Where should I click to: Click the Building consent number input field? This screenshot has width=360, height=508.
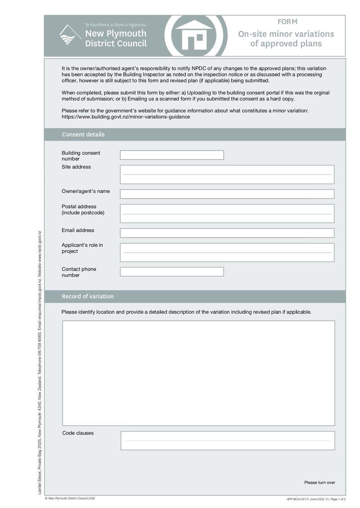(x=171, y=155)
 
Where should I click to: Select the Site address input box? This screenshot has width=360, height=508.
(x=227, y=174)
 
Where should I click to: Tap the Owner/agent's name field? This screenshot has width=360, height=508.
(x=227, y=194)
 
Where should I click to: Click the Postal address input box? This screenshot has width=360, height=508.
(x=227, y=214)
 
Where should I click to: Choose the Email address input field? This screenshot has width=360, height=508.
(x=227, y=233)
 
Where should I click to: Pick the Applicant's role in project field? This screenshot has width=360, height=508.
(x=227, y=253)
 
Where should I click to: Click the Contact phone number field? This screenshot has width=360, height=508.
(x=171, y=272)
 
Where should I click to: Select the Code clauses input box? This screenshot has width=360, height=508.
(x=228, y=441)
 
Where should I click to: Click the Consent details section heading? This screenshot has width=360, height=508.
(x=83, y=134)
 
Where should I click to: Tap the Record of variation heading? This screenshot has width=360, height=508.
(x=88, y=296)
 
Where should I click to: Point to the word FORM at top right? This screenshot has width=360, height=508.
(x=288, y=22)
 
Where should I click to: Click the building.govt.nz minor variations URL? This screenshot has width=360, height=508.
(x=126, y=117)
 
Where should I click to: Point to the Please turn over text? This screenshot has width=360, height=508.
(x=319, y=482)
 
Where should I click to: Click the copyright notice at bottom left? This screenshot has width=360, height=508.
(x=70, y=498)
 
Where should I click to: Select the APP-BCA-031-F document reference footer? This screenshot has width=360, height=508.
(x=316, y=499)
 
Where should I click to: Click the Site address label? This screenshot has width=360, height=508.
(x=76, y=167)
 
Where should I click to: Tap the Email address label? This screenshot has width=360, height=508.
(x=78, y=230)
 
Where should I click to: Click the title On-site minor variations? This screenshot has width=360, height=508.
(x=286, y=34)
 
